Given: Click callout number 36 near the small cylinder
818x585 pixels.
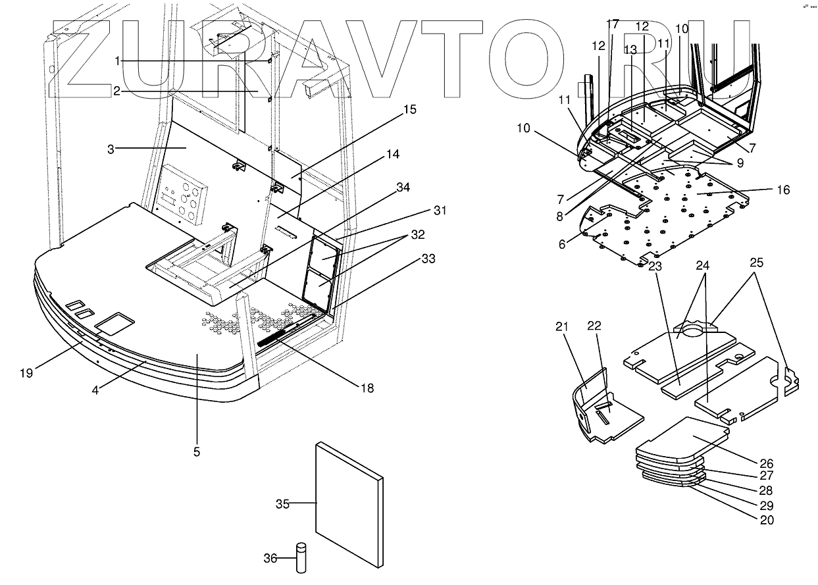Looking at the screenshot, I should pyautogui.click(x=270, y=559).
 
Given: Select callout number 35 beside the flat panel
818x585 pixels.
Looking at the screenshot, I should pyautogui.click(x=282, y=505).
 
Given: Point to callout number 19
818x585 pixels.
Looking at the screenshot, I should pyautogui.click(x=26, y=374).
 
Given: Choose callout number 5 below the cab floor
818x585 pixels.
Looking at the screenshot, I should pyautogui.click(x=197, y=452).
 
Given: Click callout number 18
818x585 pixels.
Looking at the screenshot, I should pyautogui.click(x=367, y=388).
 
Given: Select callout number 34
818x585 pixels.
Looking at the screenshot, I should pyautogui.click(x=403, y=188).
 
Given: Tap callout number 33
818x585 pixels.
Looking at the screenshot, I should pyautogui.click(x=428, y=259).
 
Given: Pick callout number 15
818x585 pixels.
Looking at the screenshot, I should pyautogui.click(x=409, y=110).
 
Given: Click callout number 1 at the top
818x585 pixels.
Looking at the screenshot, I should pyautogui.click(x=117, y=61).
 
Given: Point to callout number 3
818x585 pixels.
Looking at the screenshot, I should pyautogui.click(x=112, y=149).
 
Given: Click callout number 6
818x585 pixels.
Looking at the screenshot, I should pyautogui.click(x=561, y=244).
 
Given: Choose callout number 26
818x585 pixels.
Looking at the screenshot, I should pyautogui.click(x=766, y=463).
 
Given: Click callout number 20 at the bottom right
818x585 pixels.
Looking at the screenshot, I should pyautogui.click(x=766, y=521).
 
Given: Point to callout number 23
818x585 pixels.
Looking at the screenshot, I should pyautogui.click(x=655, y=267).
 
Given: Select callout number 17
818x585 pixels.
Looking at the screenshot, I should pyautogui.click(x=613, y=24).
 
